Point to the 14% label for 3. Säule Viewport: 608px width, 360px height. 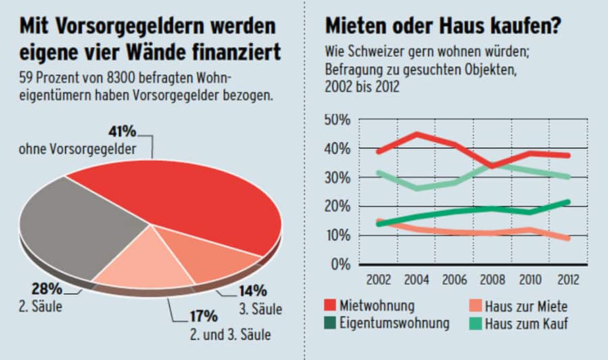(x=253, y=291)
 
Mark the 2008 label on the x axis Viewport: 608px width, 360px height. (x=494, y=278)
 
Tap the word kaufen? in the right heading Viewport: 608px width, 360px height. (x=521, y=27)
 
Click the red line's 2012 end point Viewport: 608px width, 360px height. (x=569, y=155)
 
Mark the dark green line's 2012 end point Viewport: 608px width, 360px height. (x=569, y=201)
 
